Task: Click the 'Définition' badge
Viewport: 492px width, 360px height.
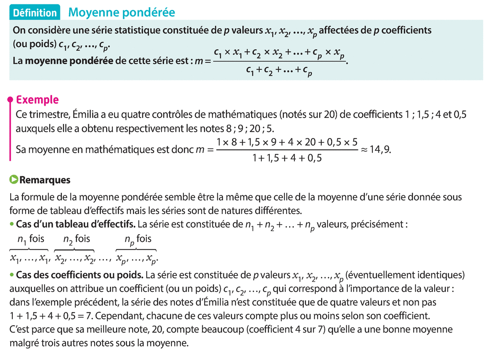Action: [x=35, y=13]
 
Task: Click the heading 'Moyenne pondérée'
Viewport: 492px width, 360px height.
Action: [x=122, y=13]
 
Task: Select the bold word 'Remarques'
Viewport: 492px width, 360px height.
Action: [x=45, y=180]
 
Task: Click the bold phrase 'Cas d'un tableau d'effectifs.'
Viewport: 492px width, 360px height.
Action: [x=76, y=225]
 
